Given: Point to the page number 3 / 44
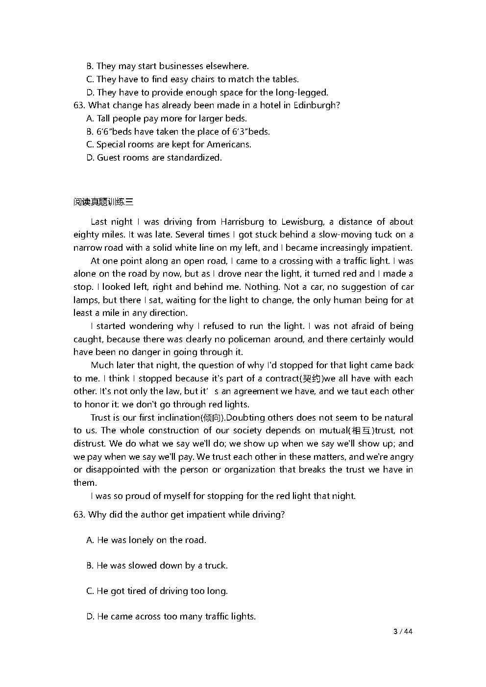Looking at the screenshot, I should pyautogui.click(x=403, y=632).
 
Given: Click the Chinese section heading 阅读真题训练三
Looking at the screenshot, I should pyautogui.click(x=103, y=202).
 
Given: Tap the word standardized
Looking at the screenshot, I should pyautogui.click(x=194, y=158).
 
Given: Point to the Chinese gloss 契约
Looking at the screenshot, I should pyautogui.click(x=311, y=379).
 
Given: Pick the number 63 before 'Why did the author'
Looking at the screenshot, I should pyautogui.click(x=79, y=515).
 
